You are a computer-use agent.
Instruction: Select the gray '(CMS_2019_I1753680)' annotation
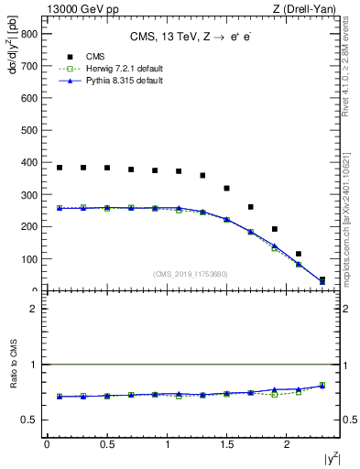[x=190, y=273]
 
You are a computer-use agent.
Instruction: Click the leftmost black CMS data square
[x=60, y=168]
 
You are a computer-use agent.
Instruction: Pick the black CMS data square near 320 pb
[x=226, y=189]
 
